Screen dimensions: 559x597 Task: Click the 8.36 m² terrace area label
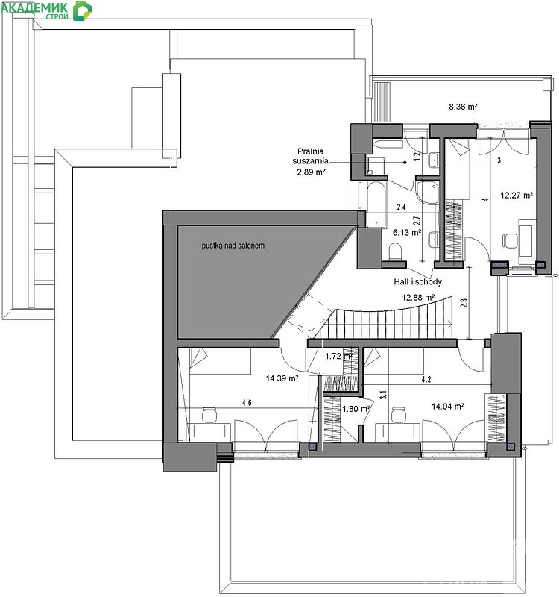463,107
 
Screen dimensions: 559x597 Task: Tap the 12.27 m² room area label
517,196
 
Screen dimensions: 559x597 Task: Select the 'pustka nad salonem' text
233,246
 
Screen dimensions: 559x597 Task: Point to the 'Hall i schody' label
417,282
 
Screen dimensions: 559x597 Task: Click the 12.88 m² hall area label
418,297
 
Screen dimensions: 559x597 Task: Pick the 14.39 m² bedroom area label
282,378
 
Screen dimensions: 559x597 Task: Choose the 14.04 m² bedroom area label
448,407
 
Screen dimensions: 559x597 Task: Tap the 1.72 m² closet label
339,357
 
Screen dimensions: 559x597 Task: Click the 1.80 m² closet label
356,409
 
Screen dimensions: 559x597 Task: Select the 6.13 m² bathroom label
407,232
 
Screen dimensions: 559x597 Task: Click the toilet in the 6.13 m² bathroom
396,251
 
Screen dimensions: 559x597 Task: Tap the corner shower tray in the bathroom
427,191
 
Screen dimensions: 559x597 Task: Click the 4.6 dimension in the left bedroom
247,403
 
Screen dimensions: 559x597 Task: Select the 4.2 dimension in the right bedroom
426,379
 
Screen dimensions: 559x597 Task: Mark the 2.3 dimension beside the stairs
464,303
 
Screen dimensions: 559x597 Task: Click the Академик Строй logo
46,10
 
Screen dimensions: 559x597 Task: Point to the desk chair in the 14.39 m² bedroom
209,415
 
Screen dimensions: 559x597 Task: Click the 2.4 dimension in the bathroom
401,207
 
